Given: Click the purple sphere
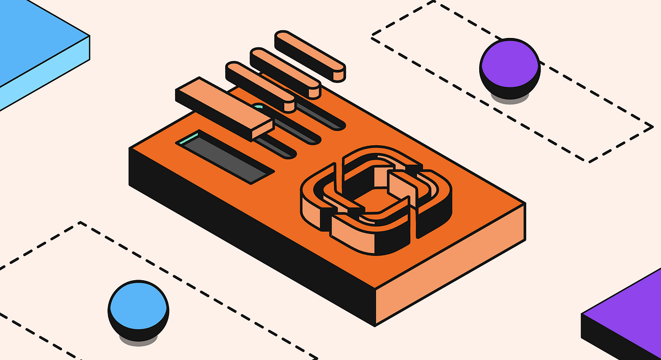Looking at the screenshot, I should tap(508, 62).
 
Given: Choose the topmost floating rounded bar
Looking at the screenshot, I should tap(310, 55).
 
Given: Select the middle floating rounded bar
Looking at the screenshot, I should tap(285, 72).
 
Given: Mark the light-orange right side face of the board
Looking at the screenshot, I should tap(452, 264).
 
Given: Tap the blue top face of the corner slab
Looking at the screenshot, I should tap(33, 33).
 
